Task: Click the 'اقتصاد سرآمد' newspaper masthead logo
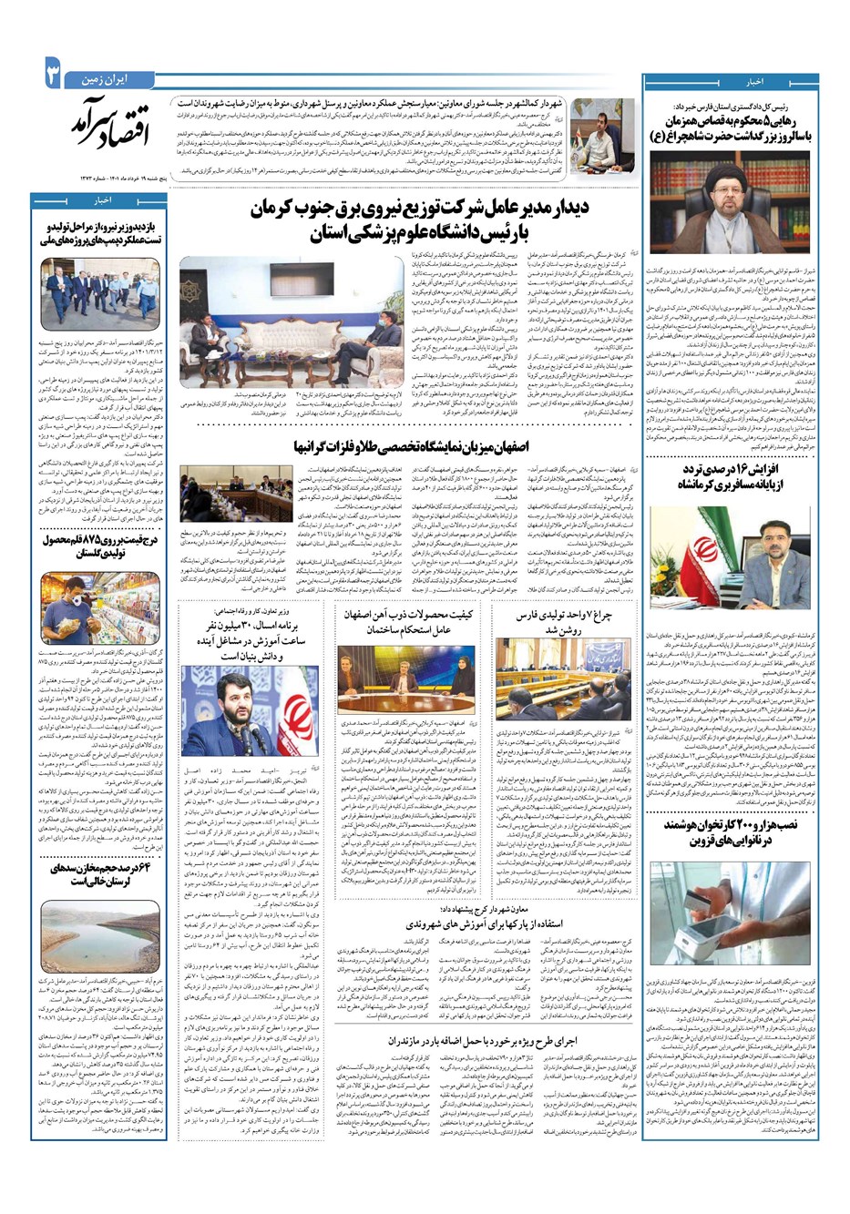[103, 127]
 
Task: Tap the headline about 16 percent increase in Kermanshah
[730, 476]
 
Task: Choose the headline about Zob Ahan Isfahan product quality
[407, 623]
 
